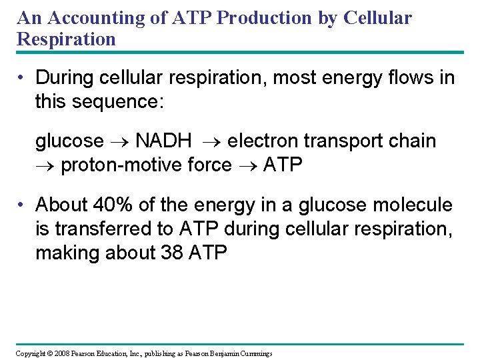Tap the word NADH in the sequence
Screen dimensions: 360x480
click(163, 141)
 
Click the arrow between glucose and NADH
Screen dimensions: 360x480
click(119, 142)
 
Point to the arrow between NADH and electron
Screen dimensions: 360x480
click(210, 142)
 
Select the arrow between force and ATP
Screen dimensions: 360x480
click(247, 165)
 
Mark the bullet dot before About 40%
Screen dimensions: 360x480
click(23, 205)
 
